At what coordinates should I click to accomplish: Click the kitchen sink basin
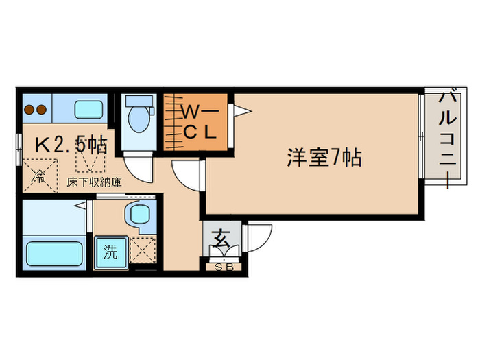[x=86, y=109]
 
